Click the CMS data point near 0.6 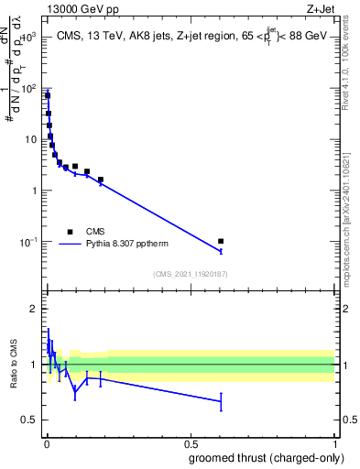point(221,242)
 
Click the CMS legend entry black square point(70,232)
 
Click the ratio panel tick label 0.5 point(29,420)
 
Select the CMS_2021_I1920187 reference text point(190,273)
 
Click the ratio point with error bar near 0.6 point(221,401)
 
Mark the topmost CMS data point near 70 point(48,95)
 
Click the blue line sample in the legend point(70,245)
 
